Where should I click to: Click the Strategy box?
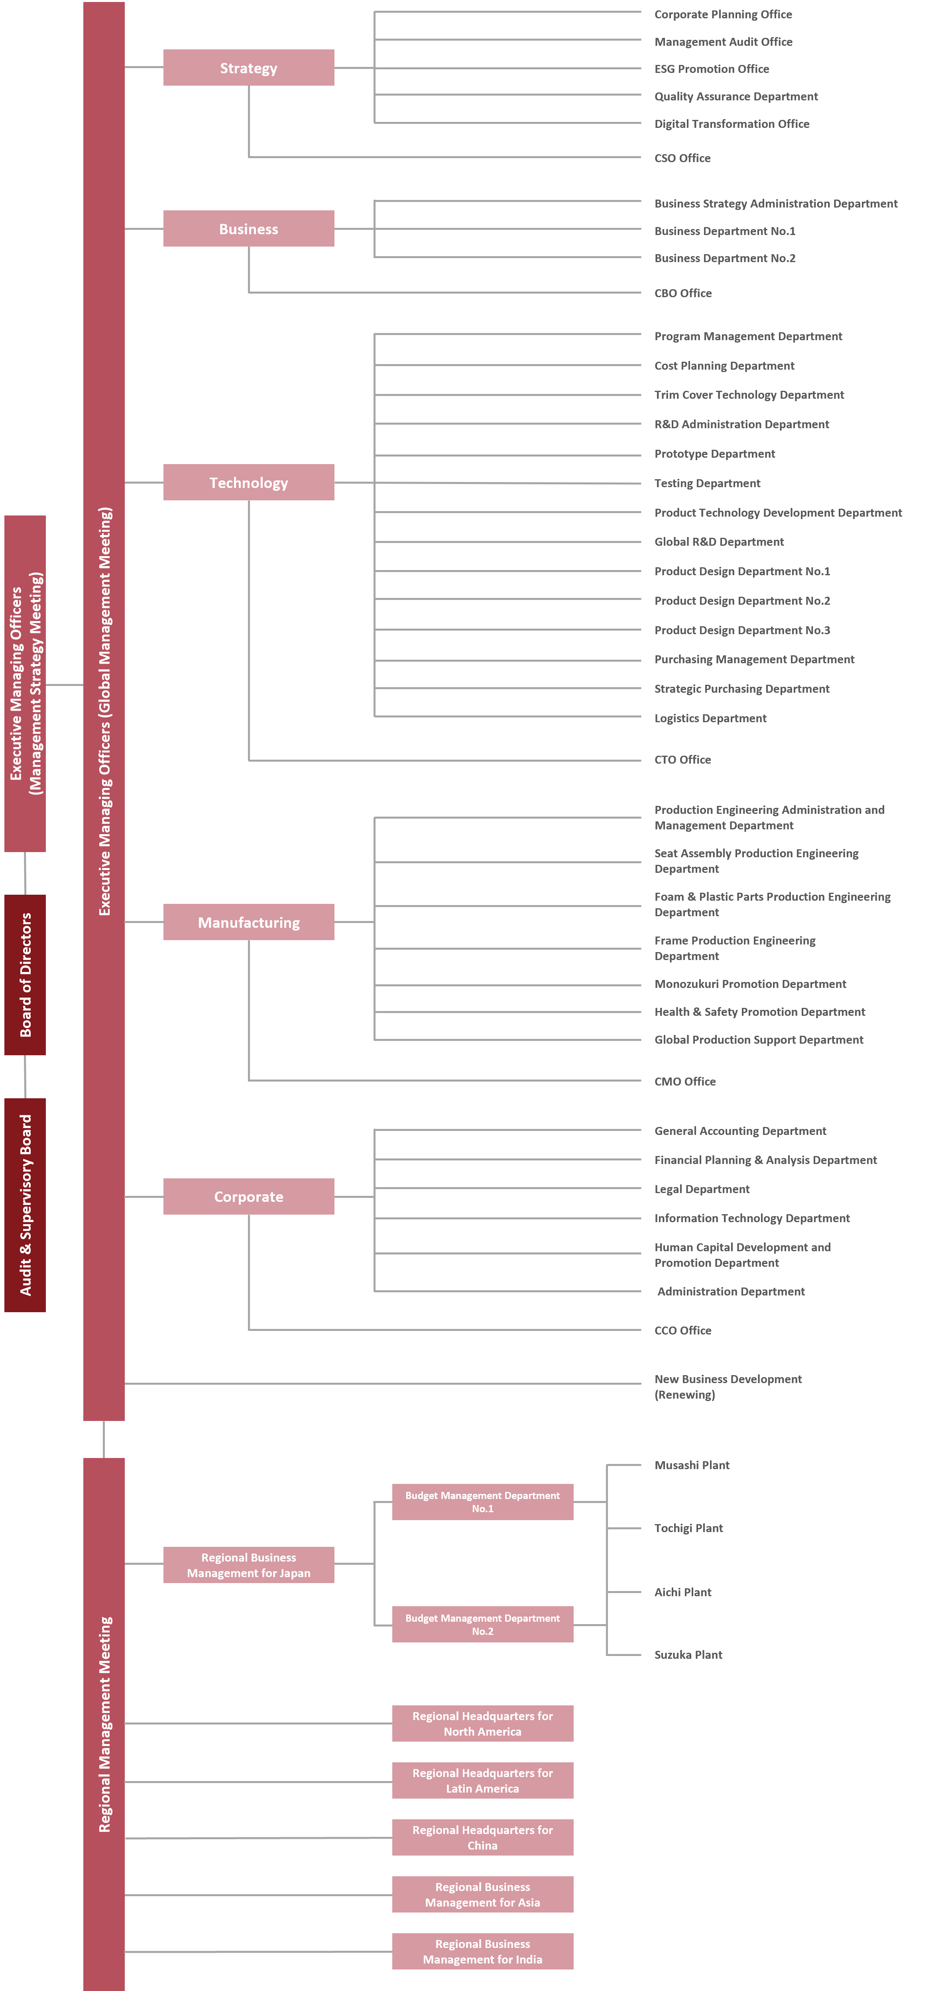248,68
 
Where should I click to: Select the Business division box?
248,229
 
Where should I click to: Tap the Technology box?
248,482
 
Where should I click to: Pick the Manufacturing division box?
248,922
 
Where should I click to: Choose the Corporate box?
248,1196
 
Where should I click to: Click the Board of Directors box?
25,975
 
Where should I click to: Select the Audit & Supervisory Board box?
25,1205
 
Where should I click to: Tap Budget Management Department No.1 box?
483,1502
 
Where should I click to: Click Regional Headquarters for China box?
483,1837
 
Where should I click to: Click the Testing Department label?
707,483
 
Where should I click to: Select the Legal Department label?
702,1189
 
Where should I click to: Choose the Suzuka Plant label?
688,1655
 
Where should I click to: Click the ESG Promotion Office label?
712,69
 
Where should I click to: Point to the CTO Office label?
682,760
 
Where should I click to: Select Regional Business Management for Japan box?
248,1565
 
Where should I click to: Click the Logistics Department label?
710,718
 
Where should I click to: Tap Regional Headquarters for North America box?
483,1724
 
